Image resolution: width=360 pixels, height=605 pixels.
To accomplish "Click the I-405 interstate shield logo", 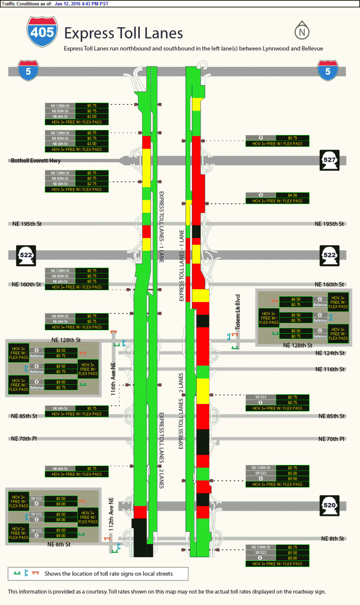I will pyautogui.click(x=43, y=32).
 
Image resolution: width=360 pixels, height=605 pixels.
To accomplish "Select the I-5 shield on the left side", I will pyautogui.click(x=28, y=71).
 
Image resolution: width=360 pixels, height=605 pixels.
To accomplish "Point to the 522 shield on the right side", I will pyautogui.click(x=329, y=254).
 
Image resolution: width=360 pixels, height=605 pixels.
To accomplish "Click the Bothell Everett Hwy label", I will pyautogui.click(x=35, y=161).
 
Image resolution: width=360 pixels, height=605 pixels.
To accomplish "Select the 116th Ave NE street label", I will pyautogui.click(x=113, y=379).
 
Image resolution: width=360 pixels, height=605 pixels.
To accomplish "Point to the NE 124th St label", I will pyautogui.click(x=330, y=353).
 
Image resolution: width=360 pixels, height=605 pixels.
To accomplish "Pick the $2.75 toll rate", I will pyautogui.click(x=91, y=184).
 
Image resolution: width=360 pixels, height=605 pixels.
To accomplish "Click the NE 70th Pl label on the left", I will pyautogui.click(x=24, y=439).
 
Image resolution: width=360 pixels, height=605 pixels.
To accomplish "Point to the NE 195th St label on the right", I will pyautogui.click(x=330, y=224).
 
